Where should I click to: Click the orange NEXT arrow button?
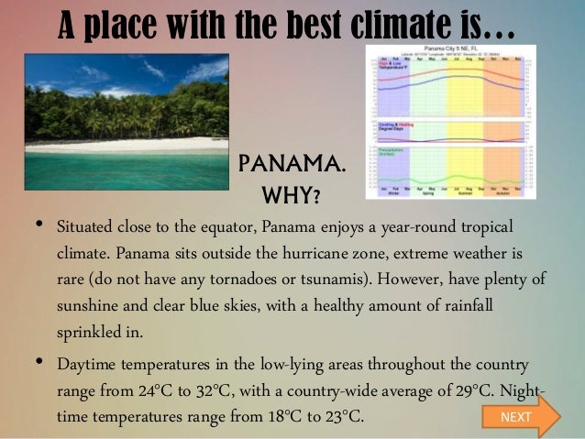[519, 417]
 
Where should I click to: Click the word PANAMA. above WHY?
[291, 165]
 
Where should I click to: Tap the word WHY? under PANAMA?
[291, 196]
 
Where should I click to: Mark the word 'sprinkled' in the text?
[89, 331]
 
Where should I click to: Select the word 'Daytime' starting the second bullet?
[87, 365]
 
